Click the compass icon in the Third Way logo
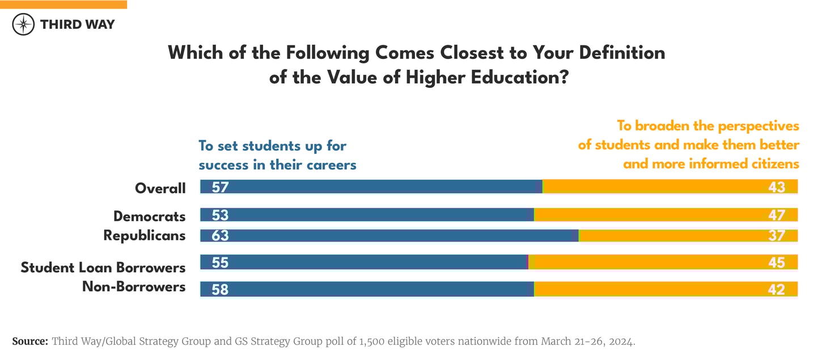(x=23, y=24)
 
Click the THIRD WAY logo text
(x=77, y=24)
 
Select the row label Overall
(x=160, y=188)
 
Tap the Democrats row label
(x=149, y=216)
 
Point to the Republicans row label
(x=144, y=235)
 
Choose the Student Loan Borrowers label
(x=103, y=267)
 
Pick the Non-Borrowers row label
(x=134, y=286)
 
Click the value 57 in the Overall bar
(x=220, y=187)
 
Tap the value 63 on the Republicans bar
(x=220, y=235)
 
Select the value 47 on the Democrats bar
(x=777, y=215)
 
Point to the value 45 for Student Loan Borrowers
(x=777, y=262)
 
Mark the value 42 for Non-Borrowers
(x=777, y=289)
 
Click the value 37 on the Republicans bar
(x=777, y=236)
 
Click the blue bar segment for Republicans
(x=397, y=235)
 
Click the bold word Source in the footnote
(x=30, y=341)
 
